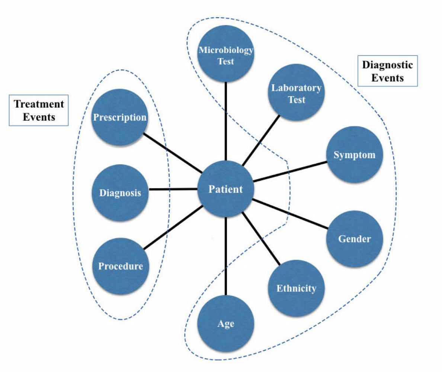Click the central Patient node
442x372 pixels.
click(x=225, y=189)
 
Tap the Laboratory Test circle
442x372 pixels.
click(x=296, y=94)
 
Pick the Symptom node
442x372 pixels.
click(x=354, y=155)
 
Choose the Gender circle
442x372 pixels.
click(x=354, y=238)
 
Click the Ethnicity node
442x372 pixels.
click(x=296, y=288)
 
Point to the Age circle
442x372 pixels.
click(x=226, y=323)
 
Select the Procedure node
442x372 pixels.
click(x=120, y=266)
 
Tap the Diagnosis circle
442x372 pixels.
click(x=120, y=193)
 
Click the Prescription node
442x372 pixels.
click(x=120, y=118)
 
